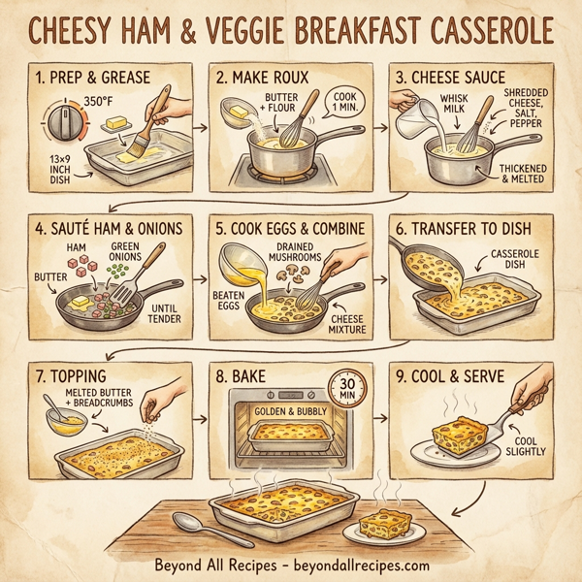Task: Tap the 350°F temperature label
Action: (100, 100)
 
